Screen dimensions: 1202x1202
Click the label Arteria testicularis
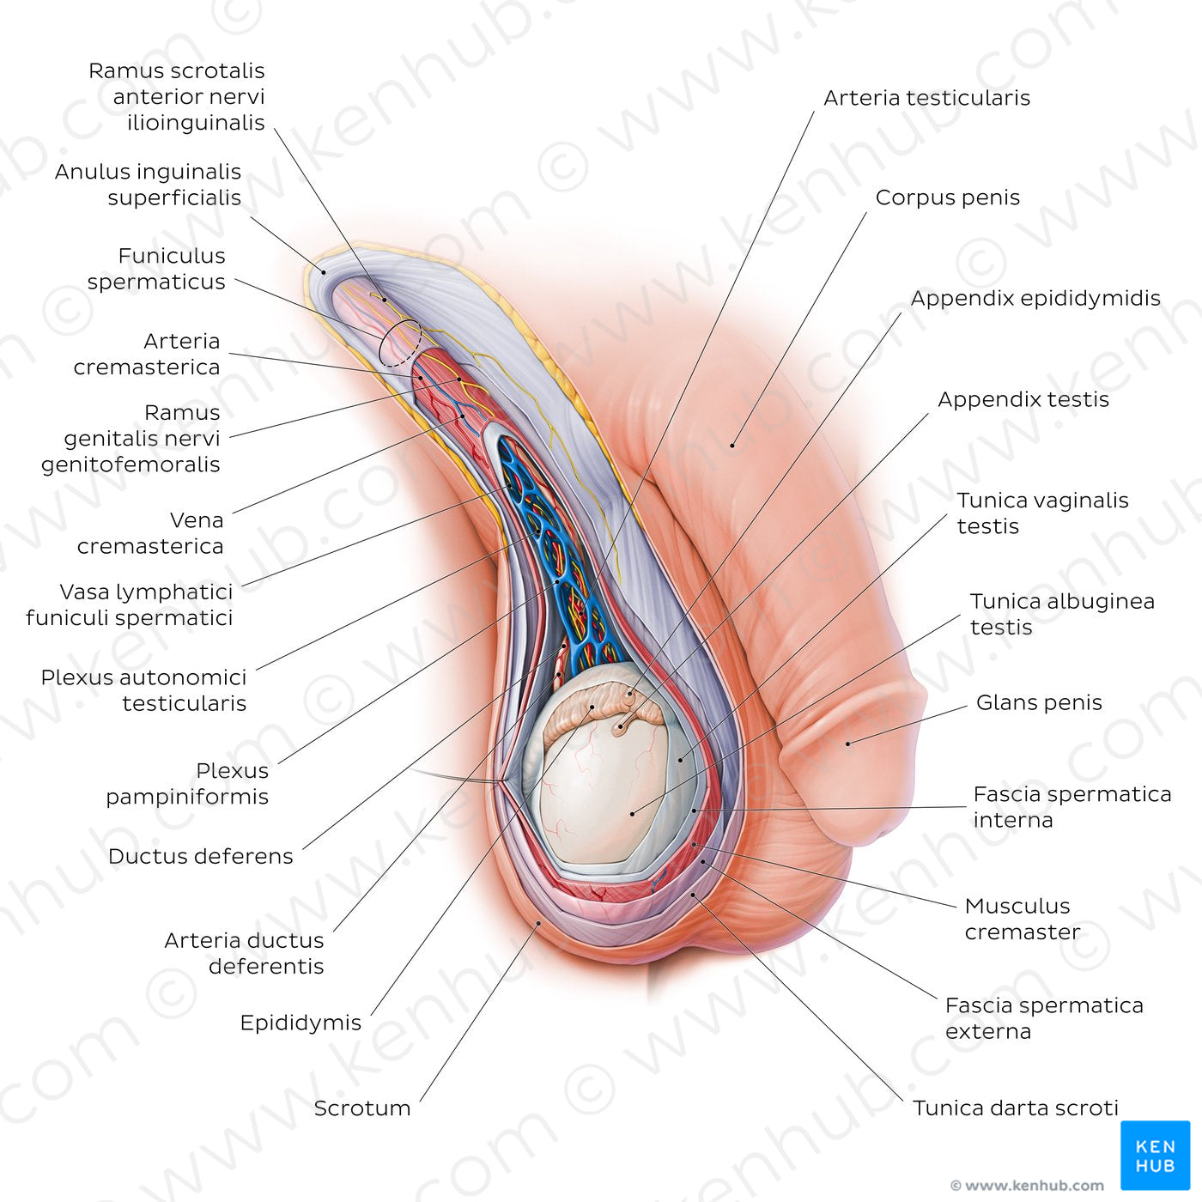point(926,98)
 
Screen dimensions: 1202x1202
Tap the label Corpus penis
point(947,197)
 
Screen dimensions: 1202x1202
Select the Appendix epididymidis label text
point(1035,298)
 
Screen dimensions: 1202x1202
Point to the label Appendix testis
point(1023,399)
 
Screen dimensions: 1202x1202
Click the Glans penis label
point(1039,702)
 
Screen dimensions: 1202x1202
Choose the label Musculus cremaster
point(1021,919)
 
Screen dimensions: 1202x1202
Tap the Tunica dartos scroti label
point(1015,1108)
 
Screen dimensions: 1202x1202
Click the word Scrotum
point(361,1108)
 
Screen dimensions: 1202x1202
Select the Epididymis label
point(300,1023)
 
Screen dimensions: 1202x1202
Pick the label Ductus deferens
point(201,856)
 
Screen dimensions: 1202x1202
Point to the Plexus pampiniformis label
point(187,783)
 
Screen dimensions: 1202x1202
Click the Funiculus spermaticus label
point(157,269)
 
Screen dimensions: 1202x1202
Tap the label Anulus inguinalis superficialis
point(149,185)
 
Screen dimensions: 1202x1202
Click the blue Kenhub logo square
point(1155,1155)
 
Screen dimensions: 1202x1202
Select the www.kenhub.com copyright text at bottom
point(1027,1186)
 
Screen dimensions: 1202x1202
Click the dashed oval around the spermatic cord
point(400,343)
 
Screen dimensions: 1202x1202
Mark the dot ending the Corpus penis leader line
point(732,445)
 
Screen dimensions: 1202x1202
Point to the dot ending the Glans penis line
point(848,744)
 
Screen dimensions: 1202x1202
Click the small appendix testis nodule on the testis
point(621,729)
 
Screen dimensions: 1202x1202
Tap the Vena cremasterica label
point(151,533)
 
